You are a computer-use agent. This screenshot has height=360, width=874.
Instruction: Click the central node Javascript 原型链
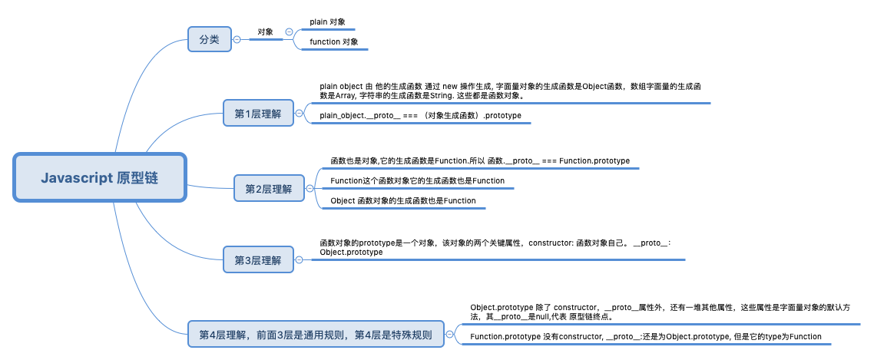pos(99,178)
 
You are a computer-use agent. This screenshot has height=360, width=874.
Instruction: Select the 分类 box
pos(210,39)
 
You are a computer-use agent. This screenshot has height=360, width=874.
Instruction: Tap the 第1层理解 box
pos(258,114)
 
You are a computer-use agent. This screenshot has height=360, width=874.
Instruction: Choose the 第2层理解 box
pos(270,189)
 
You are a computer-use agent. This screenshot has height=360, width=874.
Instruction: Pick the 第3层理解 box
pos(258,259)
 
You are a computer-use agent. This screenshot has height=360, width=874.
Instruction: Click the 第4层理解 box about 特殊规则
pos(316,335)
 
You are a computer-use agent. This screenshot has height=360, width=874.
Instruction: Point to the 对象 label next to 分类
pos(265,32)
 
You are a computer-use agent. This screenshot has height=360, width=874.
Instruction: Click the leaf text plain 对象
pos(328,21)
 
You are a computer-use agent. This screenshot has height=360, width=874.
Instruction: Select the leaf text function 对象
pos(334,41)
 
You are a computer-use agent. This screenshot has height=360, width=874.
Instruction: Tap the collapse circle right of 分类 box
pos(237,39)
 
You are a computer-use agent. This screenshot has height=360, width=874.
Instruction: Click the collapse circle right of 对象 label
pos(289,32)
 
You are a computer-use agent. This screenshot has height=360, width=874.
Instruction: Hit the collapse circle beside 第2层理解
pos(310,189)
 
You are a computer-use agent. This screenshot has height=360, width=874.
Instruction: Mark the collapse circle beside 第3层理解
pos(300,259)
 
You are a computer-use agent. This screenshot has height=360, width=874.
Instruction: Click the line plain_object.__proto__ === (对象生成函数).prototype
pos(420,116)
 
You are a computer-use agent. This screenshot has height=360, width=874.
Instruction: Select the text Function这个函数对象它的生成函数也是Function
pos(418,180)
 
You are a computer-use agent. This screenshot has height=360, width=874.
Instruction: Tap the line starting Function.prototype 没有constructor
pos(645,337)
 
